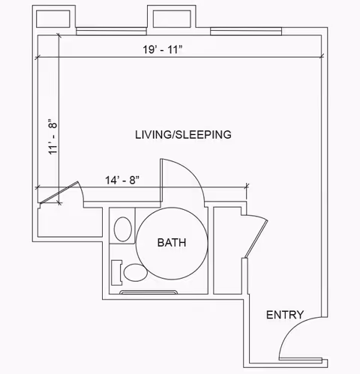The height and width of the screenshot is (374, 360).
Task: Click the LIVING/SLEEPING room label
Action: pyautogui.click(x=183, y=135)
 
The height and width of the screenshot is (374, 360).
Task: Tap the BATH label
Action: pyautogui.click(x=172, y=243)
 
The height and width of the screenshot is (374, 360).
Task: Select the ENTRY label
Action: pyautogui.click(x=285, y=315)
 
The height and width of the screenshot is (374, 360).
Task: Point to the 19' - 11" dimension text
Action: pyautogui.click(x=163, y=49)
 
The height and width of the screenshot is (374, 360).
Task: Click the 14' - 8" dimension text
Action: pyautogui.click(x=122, y=180)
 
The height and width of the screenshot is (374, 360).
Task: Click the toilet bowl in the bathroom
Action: pyautogui.click(x=136, y=273)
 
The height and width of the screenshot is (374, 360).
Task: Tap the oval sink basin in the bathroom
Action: pyautogui.click(x=123, y=229)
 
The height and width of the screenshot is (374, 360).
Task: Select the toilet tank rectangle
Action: pyautogui.click(x=116, y=273)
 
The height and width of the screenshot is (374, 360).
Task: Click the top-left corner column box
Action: pyautogui.click(x=53, y=19)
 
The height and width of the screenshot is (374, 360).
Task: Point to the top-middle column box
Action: pyautogui.click(x=172, y=19)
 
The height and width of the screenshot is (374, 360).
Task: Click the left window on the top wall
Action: pyautogui.click(x=111, y=31)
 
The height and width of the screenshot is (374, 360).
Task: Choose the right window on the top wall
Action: pyautogui.click(x=246, y=31)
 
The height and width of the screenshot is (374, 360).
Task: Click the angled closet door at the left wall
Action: pyautogui.click(x=59, y=193)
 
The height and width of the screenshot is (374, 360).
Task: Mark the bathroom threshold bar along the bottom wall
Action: pyautogui.click(x=148, y=292)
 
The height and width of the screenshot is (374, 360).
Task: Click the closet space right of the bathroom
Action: pyautogui.click(x=227, y=250)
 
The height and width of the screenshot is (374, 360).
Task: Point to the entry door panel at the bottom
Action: pyautogui.click(x=301, y=360)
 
